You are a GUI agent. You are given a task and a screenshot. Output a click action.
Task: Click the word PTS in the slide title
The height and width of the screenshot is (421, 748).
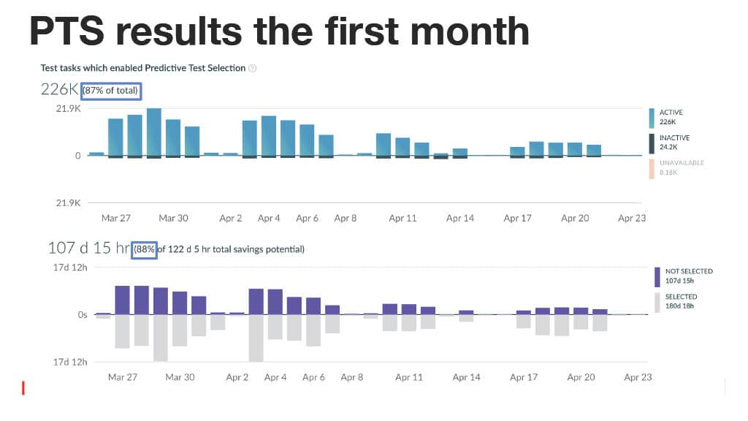point(66,31)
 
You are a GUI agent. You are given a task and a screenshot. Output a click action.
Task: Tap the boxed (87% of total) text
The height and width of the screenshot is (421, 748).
point(111,90)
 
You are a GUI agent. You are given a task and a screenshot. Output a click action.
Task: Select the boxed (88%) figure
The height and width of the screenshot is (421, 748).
point(144,249)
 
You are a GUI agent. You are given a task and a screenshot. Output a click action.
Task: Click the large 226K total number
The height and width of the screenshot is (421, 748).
point(59,89)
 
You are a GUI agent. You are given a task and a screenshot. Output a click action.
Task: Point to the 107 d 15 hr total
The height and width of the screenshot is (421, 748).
point(88,248)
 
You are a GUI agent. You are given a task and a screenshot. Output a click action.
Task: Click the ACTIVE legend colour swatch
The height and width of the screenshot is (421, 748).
point(652,118)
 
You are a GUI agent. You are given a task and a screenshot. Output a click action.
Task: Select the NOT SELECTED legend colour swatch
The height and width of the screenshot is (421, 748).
point(657,277)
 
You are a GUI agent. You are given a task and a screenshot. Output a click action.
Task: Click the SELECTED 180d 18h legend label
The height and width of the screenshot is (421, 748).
point(681,301)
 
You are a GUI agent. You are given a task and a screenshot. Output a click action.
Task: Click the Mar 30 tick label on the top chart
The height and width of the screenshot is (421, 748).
point(173,218)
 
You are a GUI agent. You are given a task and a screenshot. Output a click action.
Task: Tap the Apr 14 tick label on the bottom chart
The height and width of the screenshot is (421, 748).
point(466,377)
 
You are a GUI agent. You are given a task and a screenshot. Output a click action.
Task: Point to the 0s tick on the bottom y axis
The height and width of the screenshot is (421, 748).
point(83,315)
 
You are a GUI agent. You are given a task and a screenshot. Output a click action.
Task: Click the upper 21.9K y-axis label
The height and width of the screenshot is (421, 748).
point(68,109)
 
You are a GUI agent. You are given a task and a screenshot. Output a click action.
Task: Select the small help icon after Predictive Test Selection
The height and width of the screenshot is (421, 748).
point(252,68)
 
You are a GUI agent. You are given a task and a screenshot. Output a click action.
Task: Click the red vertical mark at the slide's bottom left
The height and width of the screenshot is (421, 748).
point(23,387)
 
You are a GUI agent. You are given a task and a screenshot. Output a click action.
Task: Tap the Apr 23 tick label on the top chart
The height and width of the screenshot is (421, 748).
point(632,218)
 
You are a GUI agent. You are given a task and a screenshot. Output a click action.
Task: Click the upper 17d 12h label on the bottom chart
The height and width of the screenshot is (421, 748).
point(70,268)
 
